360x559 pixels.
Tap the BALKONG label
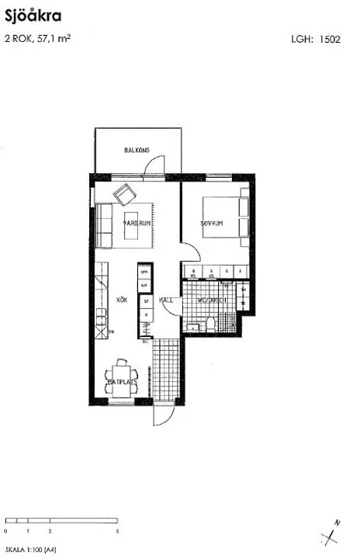coord(137,151)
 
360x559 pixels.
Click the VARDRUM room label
coord(137,223)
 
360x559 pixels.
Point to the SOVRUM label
coord(212,223)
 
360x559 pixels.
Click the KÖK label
coord(122,299)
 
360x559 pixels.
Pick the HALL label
coord(166,299)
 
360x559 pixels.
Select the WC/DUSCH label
coord(210,300)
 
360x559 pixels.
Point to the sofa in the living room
coord(104,226)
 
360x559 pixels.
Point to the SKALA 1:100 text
coord(30,549)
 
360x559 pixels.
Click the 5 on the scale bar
coord(116,531)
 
